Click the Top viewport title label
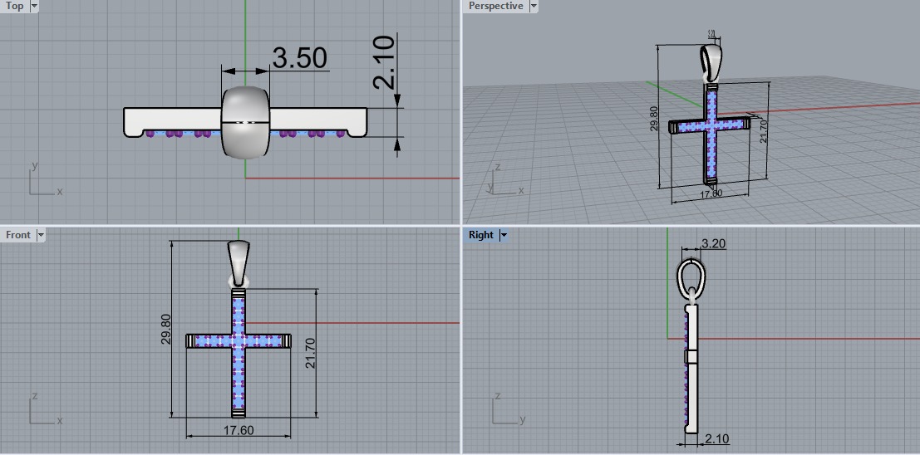[x=15, y=6]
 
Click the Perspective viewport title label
[x=495, y=6]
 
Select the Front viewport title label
[x=17, y=235]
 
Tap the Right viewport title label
[x=480, y=235]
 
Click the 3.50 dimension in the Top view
[x=299, y=58]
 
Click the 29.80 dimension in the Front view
[x=165, y=329]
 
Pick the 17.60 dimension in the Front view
[x=238, y=430]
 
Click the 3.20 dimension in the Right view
[x=714, y=243]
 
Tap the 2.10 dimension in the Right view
[x=716, y=438]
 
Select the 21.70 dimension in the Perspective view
[x=764, y=130]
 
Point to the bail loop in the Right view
[x=691, y=276]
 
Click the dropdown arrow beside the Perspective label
[x=534, y=6]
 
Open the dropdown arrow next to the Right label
[x=503, y=235]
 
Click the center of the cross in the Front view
[x=239, y=340]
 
